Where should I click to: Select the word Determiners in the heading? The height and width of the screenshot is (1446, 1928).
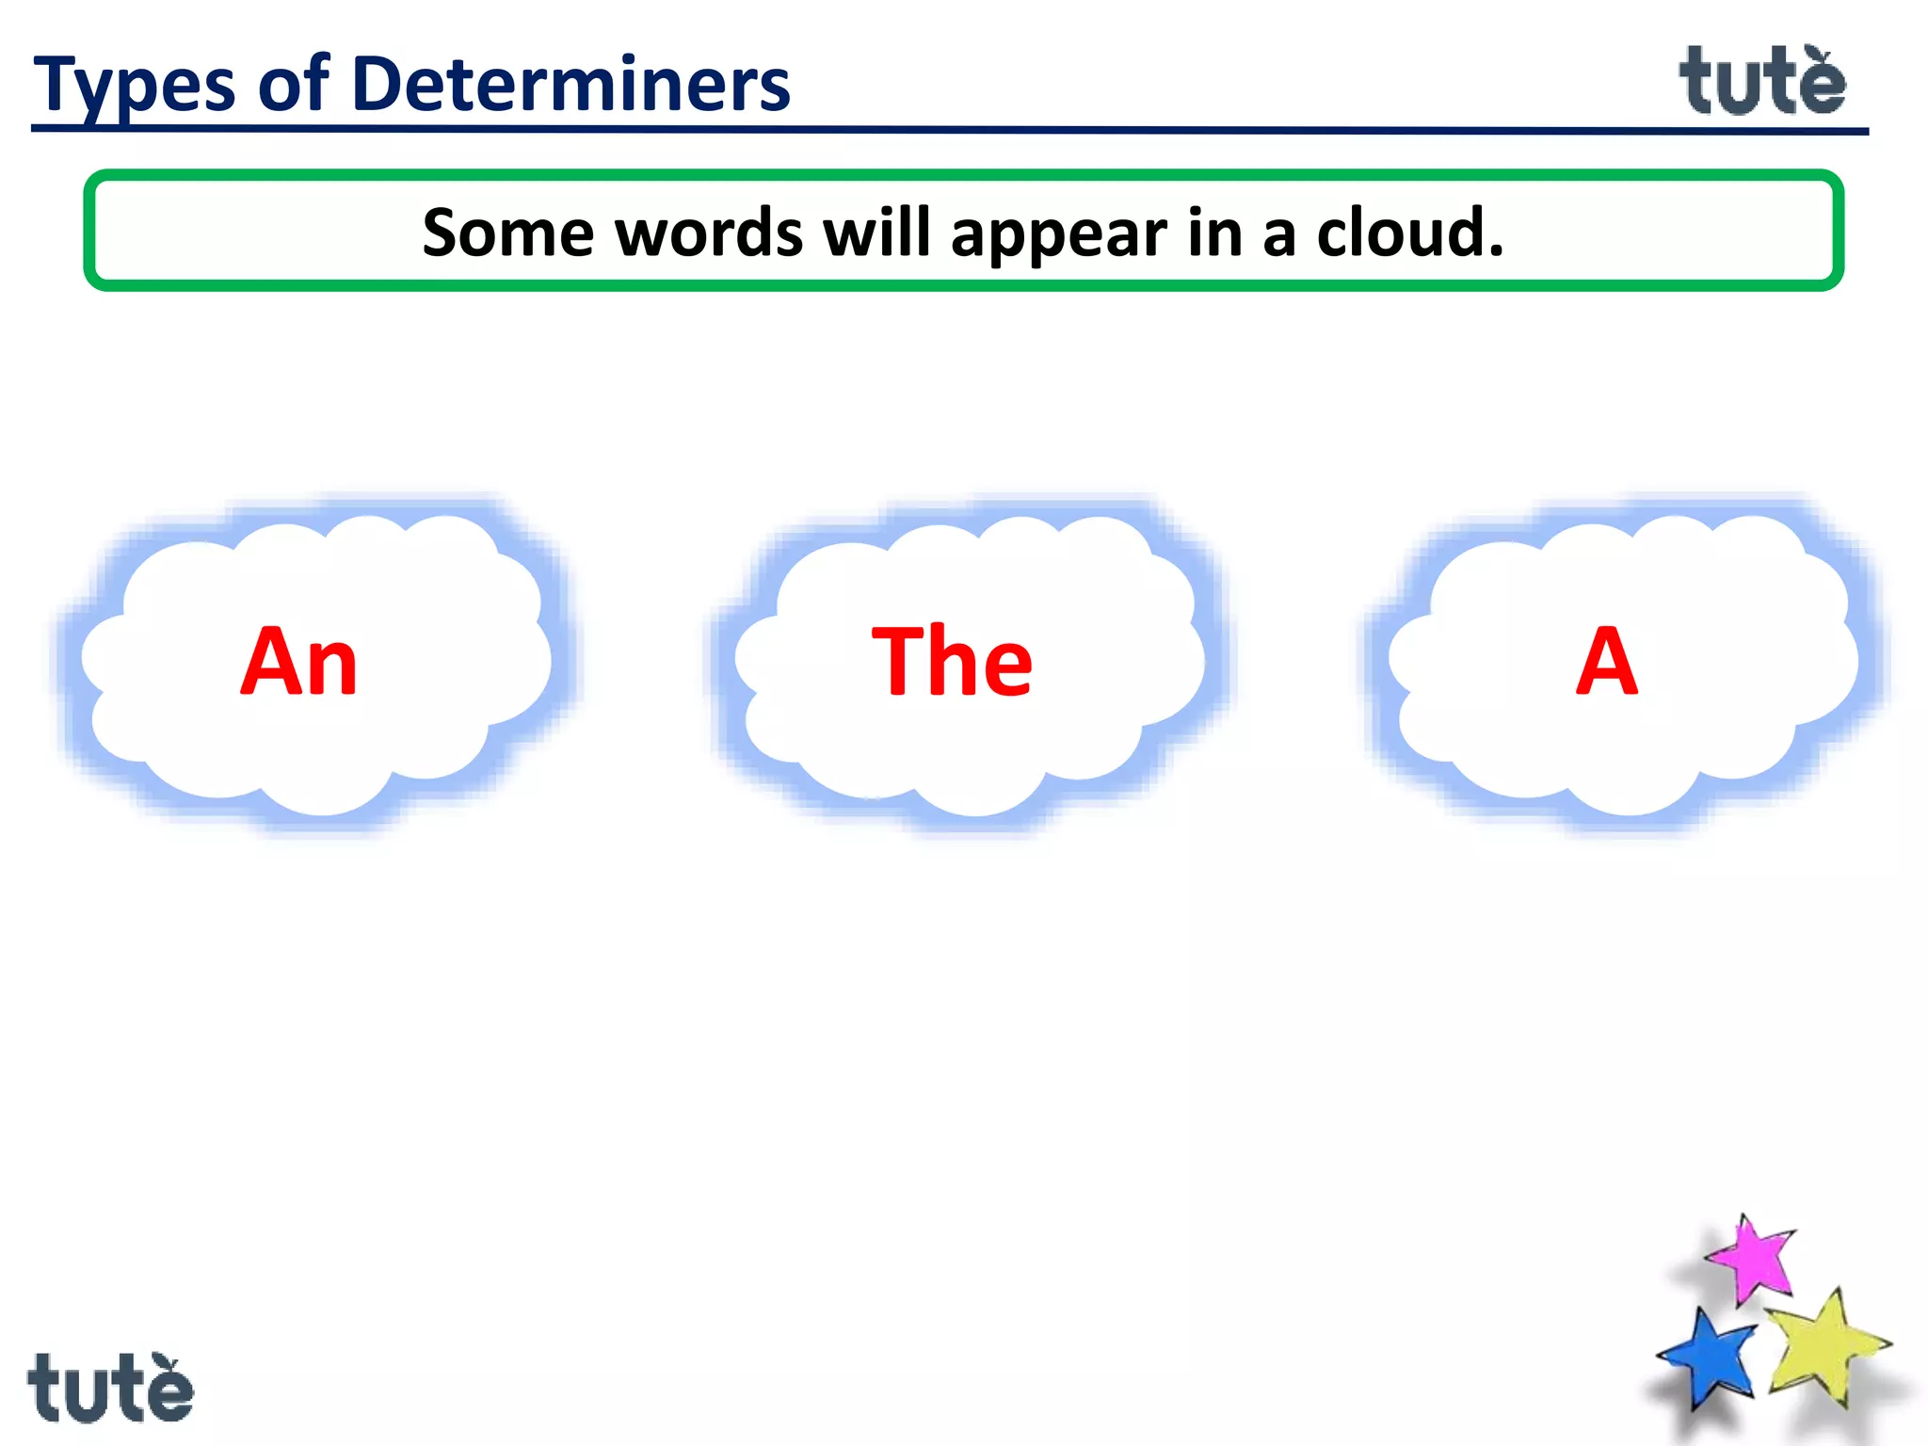[570, 85]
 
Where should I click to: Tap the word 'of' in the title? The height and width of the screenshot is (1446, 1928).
[294, 85]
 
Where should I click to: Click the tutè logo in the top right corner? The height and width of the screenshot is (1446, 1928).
[1762, 81]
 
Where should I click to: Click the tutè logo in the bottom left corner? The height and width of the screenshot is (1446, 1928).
[110, 1388]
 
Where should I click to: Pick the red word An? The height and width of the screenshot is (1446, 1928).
[299, 662]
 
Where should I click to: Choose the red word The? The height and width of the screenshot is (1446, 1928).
[952, 662]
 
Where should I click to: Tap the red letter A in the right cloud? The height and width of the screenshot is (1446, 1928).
[1607, 662]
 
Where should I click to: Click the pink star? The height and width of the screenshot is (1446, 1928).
[1751, 1260]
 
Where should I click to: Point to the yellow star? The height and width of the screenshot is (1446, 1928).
[1824, 1346]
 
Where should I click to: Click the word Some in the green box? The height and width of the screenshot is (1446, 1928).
[507, 233]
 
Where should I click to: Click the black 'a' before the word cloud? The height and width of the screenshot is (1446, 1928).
[1278, 235]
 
